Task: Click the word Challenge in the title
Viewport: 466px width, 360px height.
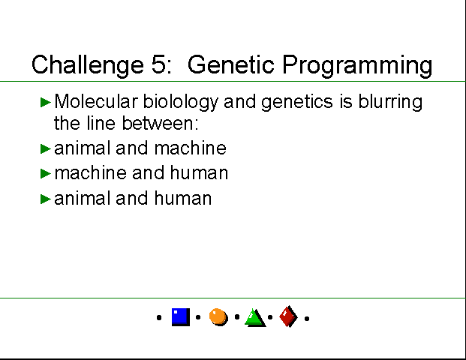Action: click(x=88, y=65)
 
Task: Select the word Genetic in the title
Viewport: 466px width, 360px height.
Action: click(x=230, y=64)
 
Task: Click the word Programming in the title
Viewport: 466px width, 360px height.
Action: click(x=357, y=66)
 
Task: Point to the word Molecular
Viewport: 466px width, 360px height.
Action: click(x=96, y=101)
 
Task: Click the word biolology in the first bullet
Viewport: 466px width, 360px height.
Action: click(x=181, y=102)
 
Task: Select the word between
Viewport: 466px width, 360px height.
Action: click(x=161, y=123)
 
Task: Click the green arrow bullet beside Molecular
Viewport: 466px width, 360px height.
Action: click(x=46, y=102)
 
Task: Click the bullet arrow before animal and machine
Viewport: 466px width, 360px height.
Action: click(x=46, y=148)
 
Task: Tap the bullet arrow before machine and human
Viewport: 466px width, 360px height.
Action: click(x=46, y=173)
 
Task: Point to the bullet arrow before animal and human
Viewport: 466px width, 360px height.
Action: click(x=46, y=199)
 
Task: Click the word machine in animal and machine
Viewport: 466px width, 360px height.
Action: click(x=191, y=148)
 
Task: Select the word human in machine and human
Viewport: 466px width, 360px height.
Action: click(x=199, y=172)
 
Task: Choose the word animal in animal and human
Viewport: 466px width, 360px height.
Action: click(x=80, y=198)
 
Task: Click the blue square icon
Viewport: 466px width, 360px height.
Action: click(x=181, y=317)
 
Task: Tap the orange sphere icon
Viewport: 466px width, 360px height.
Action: click(x=218, y=317)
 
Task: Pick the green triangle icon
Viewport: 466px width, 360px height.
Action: click(x=255, y=319)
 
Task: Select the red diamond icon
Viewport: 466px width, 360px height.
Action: click(x=288, y=316)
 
